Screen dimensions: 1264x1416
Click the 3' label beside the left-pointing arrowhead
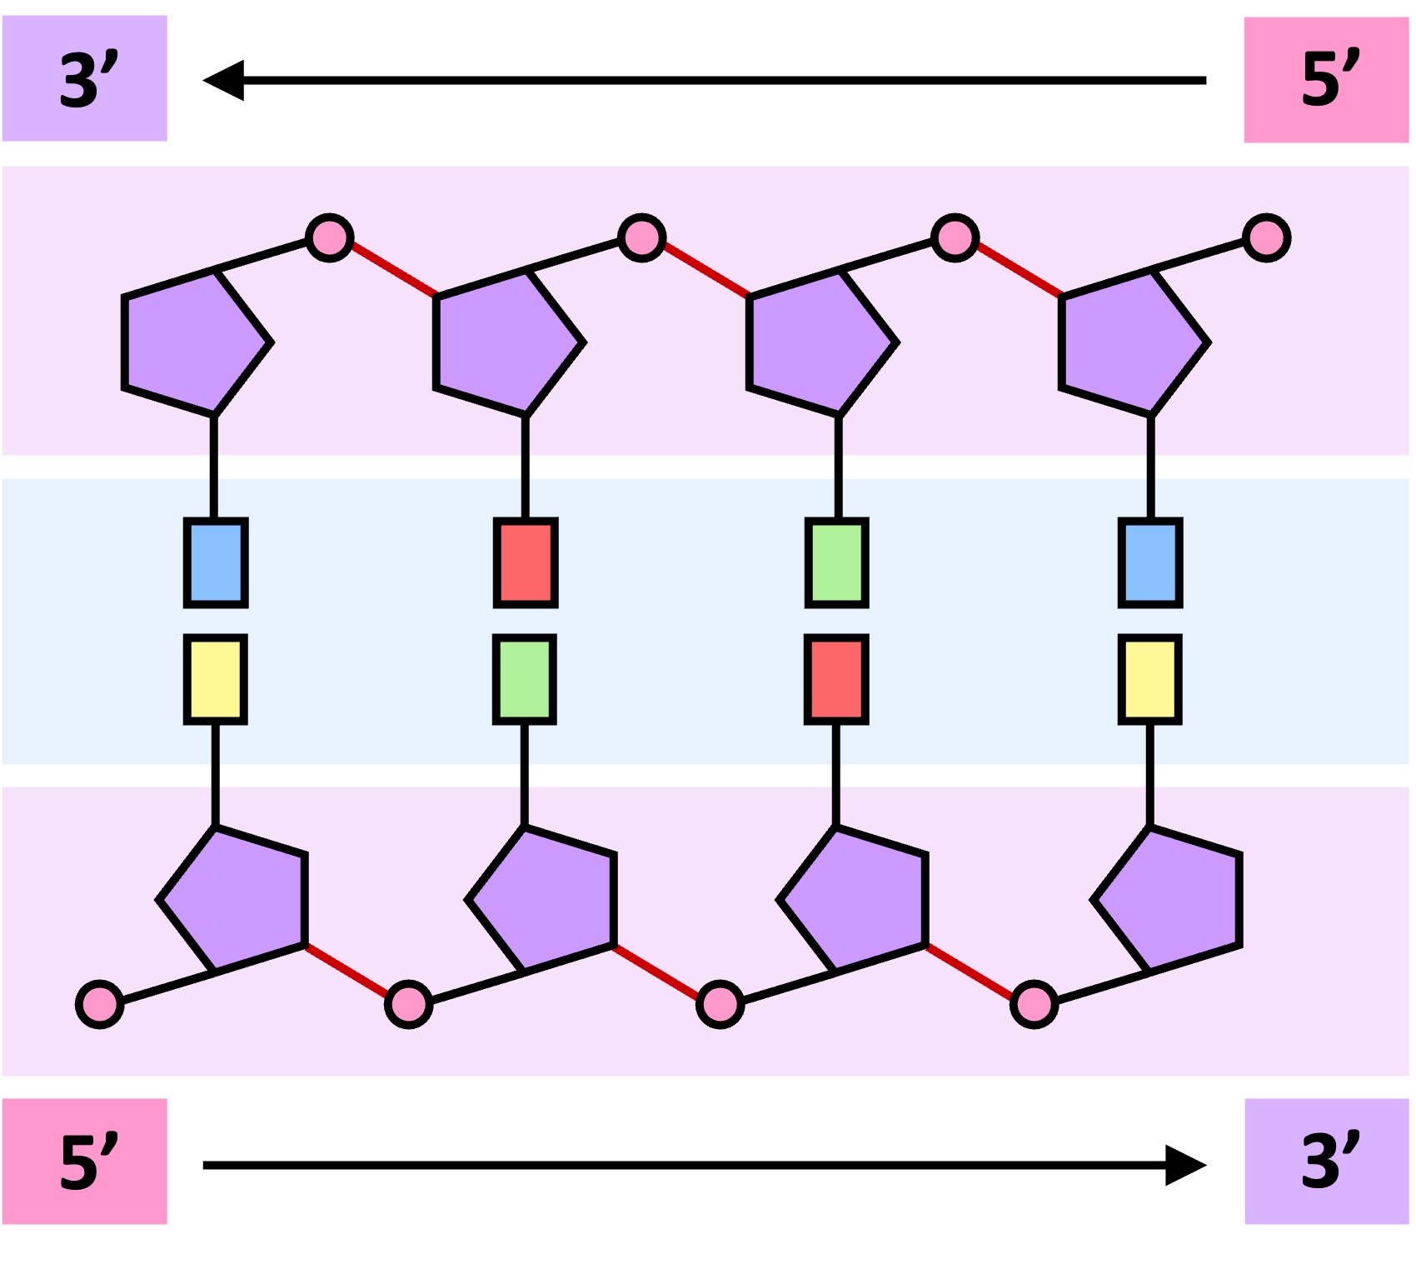coord(85,78)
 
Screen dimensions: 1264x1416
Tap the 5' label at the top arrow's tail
coord(1326,80)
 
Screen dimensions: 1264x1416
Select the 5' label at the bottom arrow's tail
coord(85,1161)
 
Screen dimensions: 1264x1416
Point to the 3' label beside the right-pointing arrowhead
coord(1326,1161)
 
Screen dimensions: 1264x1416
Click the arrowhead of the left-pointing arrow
coord(225,80)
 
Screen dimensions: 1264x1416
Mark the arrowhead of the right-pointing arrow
coord(1184,1164)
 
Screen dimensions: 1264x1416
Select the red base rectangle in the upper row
coord(526,562)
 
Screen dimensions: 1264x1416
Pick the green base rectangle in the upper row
coord(837,562)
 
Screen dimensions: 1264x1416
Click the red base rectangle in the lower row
coord(836,679)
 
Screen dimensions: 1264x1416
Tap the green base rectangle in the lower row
coord(525,679)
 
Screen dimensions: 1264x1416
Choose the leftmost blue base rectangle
coord(216,562)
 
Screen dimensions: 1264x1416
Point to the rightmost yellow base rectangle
coord(1150,679)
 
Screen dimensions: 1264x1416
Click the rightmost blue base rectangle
coord(1150,562)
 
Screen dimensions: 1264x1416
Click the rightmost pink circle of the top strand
coord(1266,238)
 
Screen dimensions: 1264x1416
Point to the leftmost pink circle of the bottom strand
coord(100,1004)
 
